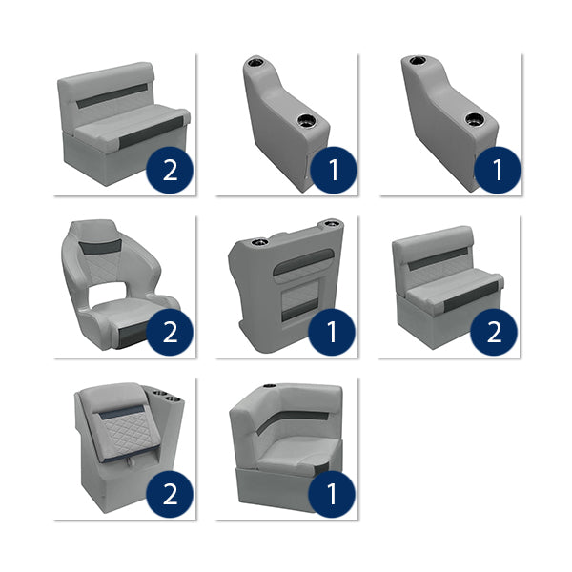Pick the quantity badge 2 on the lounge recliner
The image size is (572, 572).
pos(171,494)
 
